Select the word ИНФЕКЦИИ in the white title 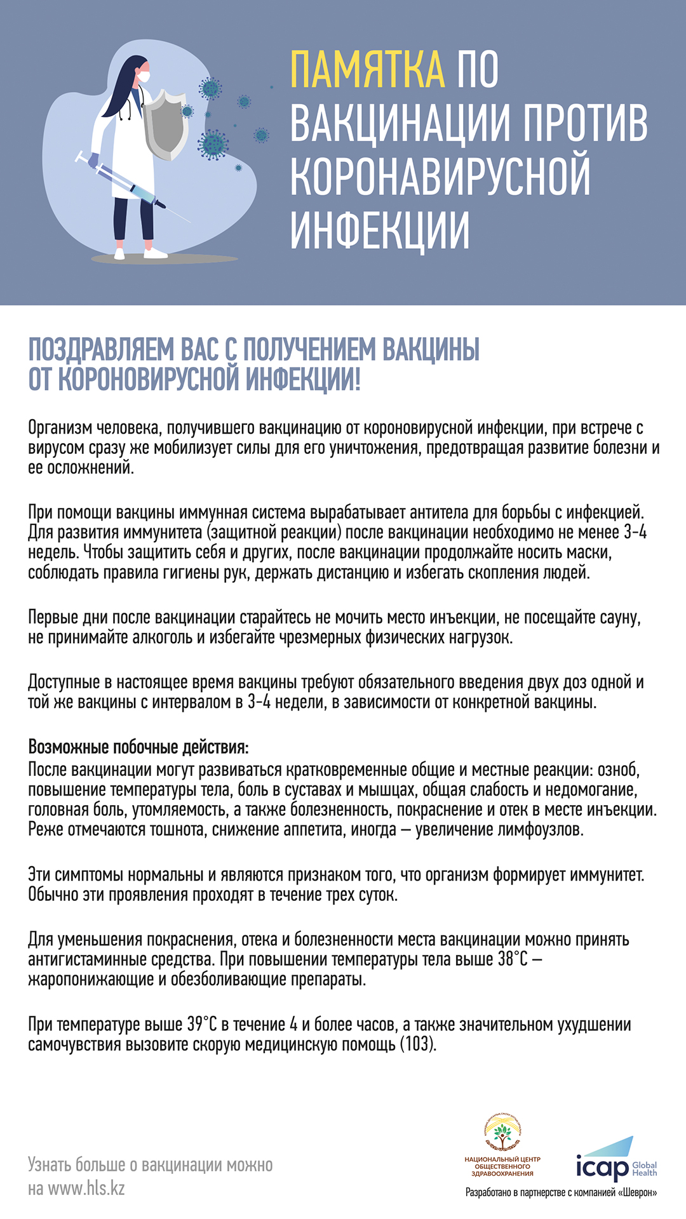(x=380, y=230)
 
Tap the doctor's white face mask (x=144, y=76)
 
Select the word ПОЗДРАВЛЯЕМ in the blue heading (x=102, y=350)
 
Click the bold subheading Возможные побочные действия (x=138, y=747)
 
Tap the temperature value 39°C (x=202, y=1024)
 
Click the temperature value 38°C (x=513, y=959)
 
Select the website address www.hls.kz (x=86, y=1188)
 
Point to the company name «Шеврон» (x=637, y=1193)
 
